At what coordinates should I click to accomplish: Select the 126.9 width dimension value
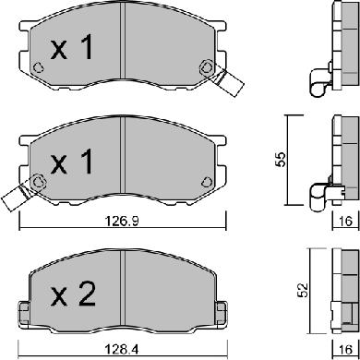pyautogui.click(x=123, y=221)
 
